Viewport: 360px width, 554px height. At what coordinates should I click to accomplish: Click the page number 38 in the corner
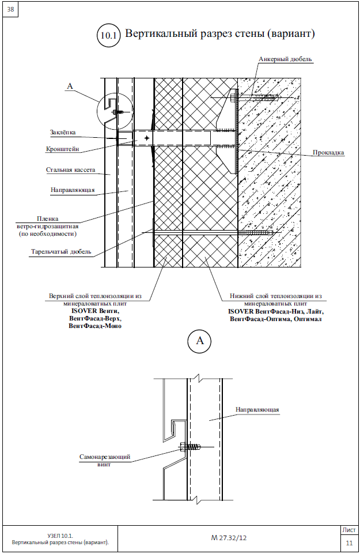click(x=11, y=9)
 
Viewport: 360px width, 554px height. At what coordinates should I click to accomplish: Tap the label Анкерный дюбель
click(x=285, y=59)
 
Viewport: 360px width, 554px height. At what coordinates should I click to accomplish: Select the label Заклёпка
click(x=63, y=132)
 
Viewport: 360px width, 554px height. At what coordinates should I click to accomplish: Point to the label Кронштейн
click(x=63, y=149)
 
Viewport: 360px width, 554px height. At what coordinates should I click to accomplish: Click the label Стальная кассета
click(x=70, y=170)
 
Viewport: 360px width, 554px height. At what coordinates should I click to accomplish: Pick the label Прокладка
click(x=328, y=153)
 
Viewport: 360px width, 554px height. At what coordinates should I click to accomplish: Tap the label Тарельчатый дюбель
click(x=60, y=252)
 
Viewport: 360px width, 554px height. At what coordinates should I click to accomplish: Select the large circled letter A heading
click(x=200, y=341)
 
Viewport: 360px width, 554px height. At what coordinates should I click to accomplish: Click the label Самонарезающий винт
click(x=105, y=460)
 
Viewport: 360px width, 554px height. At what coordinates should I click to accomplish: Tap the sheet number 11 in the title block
click(x=349, y=543)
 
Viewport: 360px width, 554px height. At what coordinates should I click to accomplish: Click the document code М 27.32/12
click(x=229, y=537)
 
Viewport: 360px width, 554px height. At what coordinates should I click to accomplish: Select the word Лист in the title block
click(x=349, y=529)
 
